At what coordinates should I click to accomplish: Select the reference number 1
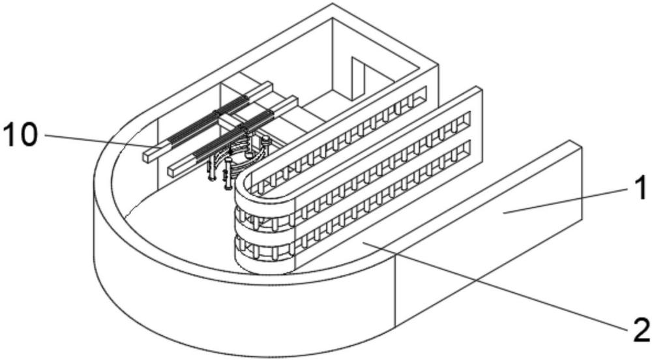tap(639, 188)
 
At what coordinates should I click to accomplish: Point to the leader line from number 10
tap(102, 141)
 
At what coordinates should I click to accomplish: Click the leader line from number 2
tap(495, 286)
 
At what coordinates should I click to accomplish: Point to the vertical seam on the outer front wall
tap(394, 291)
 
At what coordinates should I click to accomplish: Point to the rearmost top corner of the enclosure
tap(333, 3)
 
